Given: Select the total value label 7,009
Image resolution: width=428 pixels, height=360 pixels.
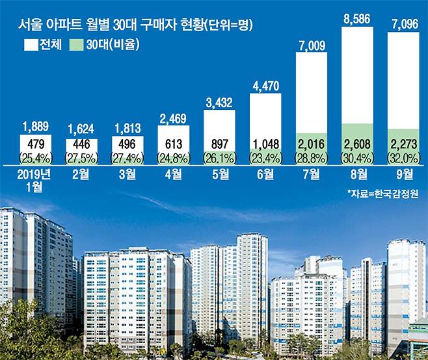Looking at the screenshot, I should coord(311,45).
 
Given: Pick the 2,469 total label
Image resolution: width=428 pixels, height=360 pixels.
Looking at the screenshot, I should coord(173,118).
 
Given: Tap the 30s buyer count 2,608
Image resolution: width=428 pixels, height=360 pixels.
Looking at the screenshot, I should coord(357,144).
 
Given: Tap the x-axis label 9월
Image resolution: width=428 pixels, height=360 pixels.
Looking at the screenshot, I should coord(403,173).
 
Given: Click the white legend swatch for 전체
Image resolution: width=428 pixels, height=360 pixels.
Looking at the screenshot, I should coord(31,45).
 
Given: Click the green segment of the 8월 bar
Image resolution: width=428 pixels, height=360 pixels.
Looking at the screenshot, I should coord(357,133).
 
